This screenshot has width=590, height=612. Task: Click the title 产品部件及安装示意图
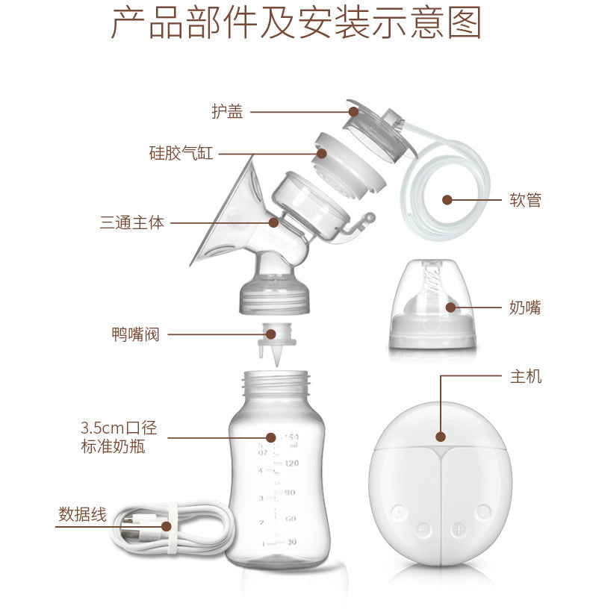coord(296,25)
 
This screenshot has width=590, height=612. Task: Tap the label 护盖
coord(227,113)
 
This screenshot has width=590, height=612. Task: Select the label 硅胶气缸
coord(181,154)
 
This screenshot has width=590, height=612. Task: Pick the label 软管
coord(525,200)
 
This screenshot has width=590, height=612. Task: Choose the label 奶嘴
coord(525,307)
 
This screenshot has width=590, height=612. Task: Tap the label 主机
coord(526,377)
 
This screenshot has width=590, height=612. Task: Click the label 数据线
coord(82,514)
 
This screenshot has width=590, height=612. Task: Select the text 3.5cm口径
coord(118,428)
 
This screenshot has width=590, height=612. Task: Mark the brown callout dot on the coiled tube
coord(447,200)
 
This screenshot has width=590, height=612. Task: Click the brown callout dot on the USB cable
coord(166,526)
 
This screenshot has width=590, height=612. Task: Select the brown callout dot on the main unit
coord(441,437)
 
